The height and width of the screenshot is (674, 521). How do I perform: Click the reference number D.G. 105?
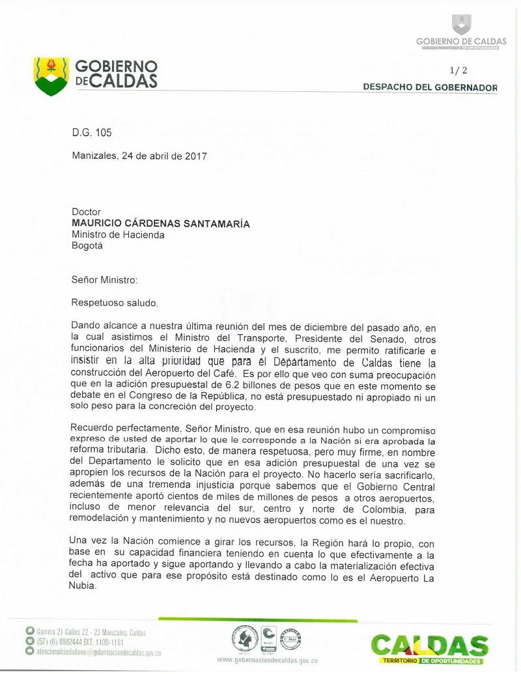point(92,133)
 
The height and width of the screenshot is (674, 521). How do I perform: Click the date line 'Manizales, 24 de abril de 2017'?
point(139,156)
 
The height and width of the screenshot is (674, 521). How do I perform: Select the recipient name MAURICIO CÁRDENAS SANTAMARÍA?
point(160,224)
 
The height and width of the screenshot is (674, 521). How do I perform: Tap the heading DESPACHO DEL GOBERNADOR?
point(430,87)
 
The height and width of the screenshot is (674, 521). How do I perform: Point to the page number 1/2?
point(458,70)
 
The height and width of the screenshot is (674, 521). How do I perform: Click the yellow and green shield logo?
point(51,76)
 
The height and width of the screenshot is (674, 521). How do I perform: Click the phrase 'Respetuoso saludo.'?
point(115,303)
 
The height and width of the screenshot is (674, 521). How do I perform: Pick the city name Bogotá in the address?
point(87,246)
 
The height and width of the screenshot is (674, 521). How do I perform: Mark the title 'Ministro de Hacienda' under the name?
point(118,235)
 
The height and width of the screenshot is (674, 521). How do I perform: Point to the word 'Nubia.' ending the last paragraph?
point(84,585)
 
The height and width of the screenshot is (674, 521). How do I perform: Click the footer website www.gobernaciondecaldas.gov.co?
point(267,660)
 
